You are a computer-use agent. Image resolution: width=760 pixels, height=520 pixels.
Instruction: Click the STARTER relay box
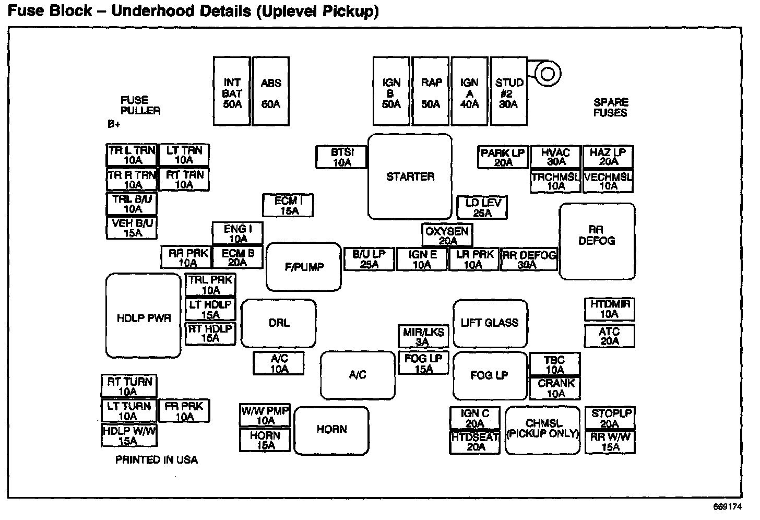point(410,176)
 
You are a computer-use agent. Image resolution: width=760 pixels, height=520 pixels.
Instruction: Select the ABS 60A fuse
point(271,91)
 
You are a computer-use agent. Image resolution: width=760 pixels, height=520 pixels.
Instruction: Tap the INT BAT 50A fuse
point(232,91)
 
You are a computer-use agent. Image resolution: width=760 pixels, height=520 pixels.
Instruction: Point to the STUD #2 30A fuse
point(508,91)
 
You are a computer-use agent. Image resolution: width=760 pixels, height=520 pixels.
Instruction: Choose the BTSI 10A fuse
point(342,157)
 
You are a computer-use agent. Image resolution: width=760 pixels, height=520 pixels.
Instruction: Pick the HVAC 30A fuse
point(555,157)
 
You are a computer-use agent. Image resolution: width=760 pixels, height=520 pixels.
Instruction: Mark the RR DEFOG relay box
point(597,241)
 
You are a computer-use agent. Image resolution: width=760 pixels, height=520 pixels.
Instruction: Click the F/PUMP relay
point(304,267)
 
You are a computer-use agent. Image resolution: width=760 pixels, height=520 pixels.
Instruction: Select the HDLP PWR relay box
point(144,316)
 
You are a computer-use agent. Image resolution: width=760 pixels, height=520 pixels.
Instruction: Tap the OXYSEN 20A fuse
point(447,235)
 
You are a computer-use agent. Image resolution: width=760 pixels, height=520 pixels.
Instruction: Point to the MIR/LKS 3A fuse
point(423,337)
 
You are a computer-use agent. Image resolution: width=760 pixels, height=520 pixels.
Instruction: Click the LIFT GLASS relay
point(490,323)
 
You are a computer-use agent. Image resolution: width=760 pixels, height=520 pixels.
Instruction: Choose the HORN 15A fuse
point(265,440)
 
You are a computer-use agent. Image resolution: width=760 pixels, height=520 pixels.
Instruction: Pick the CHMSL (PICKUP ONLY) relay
point(543,430)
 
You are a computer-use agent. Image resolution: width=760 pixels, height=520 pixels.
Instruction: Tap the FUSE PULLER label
point(140,105)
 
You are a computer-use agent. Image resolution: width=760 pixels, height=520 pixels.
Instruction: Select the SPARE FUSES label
point(610,107)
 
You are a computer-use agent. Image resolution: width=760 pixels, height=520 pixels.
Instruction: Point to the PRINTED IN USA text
point(157,460)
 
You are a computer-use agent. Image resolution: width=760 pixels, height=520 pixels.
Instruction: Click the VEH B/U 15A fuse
point(133,228)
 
